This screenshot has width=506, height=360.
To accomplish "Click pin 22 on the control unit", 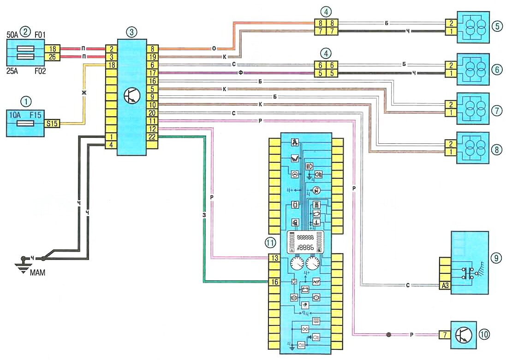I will tap(153, 136).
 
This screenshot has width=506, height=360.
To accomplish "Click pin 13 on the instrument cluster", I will tap(274, 258).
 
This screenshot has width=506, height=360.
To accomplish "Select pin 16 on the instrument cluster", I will tap(274, 282).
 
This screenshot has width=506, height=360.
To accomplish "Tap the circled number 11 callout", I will tap(270, 242).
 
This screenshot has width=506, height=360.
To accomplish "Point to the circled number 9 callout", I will tap(495, 258).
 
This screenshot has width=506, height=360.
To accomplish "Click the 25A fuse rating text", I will tap(13, 72).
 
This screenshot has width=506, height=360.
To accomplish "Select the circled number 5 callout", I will tap(496, 26).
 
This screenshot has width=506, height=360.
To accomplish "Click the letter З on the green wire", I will tap(203, 214).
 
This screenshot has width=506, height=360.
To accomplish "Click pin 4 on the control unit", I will tap(111, 145).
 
